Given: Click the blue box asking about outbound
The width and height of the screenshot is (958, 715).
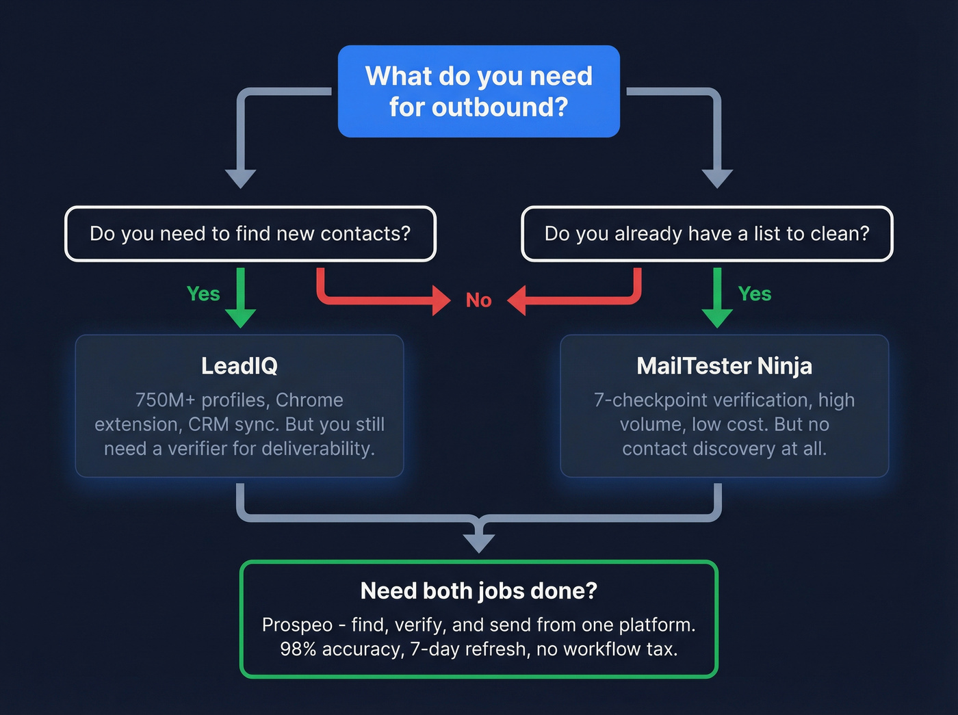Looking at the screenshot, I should (x=479, y=91).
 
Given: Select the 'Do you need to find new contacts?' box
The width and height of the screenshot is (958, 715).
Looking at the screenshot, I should (x=250, y=234).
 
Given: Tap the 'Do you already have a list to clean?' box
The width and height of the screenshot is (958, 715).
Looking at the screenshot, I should (x=707, y=234).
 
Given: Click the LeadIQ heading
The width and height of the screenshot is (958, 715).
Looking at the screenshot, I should (x=239, y=366).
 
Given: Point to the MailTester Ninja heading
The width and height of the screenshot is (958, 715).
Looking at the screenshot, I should (x=724, y=366).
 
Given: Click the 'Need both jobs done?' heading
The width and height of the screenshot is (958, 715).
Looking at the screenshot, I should (x=479, y=590).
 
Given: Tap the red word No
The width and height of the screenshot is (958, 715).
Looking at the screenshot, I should (x=478, y=300).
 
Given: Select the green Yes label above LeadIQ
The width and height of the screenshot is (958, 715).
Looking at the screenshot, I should (x=203, y=294).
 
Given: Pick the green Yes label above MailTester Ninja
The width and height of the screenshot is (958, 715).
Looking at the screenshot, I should (x=754, y=294).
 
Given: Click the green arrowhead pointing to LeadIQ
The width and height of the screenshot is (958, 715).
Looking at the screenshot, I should (x=240, y=317).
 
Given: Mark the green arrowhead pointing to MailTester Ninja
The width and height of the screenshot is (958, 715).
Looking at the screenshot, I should (x=717, y=317).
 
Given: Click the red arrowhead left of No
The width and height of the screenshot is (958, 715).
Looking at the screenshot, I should (x=441, y=300).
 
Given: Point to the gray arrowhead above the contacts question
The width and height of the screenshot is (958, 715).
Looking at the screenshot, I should (x=240, y=178).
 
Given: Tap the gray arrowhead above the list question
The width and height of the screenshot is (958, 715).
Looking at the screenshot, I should (x=717, y=178).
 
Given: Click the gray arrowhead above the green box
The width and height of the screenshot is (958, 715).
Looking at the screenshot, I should (x=479, y=542).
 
